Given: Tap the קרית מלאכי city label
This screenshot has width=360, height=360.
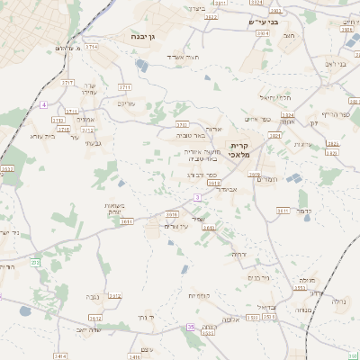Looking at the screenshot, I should pyautogui.click(x=240, y=149).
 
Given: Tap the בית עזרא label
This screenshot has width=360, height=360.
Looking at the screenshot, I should pyautogui.click(x=65, y=137).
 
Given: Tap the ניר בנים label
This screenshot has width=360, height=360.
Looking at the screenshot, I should pyautogui.click(x=260, y=278).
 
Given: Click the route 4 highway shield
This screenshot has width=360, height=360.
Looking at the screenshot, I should pyautogui.click(x=42, y=105).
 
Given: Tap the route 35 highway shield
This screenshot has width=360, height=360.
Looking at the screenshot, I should pyautogui.click(x=191, y=327).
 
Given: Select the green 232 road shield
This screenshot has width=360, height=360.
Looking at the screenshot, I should pyautogui.click(x=35, y=262).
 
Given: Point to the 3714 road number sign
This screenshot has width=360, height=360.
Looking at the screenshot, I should pyautogui.click(x=123, y=87).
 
